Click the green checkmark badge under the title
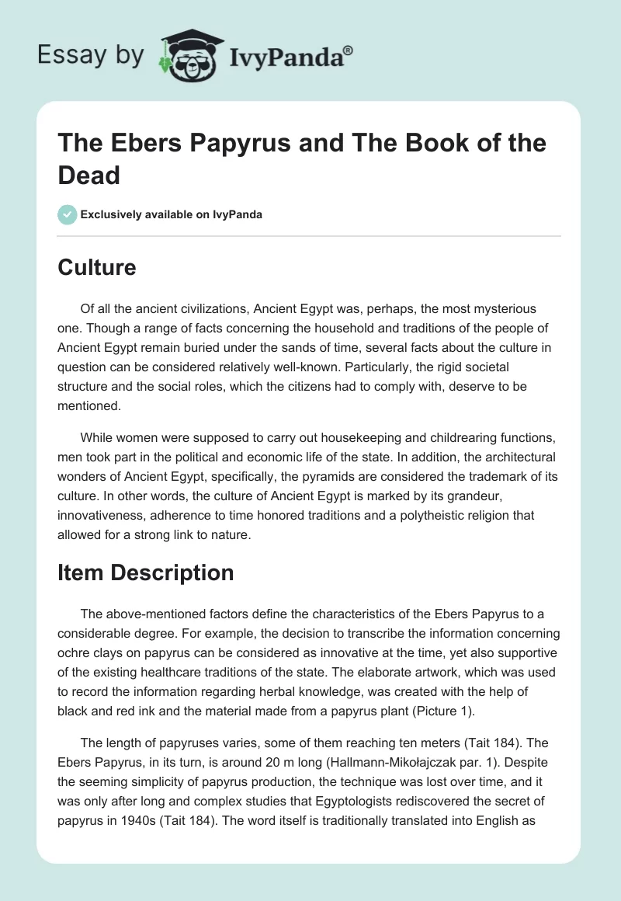click(68, 214)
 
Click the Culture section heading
click(97, 267)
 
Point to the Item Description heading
click(146, 572)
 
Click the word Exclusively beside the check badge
click(116, 214)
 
